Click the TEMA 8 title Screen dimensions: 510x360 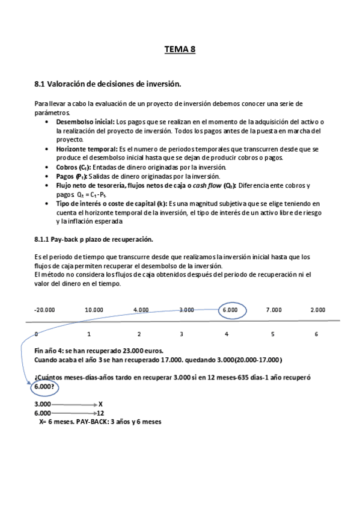tap(180, 51)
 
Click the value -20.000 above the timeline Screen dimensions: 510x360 tap(44, 310)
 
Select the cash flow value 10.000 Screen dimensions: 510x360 tap(94, 310)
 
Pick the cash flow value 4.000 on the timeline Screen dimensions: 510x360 tap(141, 310)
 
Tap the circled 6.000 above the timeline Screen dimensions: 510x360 tap(230, 310)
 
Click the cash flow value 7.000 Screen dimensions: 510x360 tap(273, 310)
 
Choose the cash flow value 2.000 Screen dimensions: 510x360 tap(318, 310)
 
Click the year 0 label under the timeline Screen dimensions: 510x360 tap(37, 334)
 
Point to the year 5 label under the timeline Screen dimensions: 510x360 tap(272, 334)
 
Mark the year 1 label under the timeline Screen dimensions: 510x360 tap(90, 334)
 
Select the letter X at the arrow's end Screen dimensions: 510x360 tap(100, 404)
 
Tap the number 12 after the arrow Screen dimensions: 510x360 tap(100, 413)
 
